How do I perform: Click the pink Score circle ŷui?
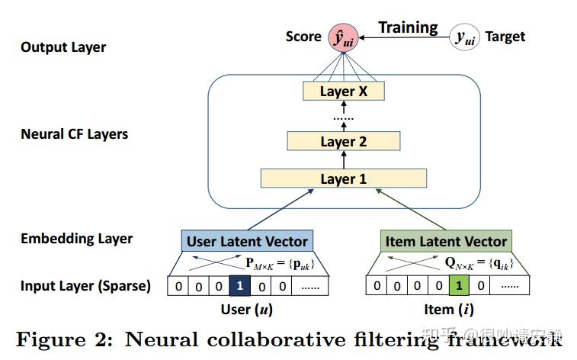344,37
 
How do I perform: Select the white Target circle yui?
464,37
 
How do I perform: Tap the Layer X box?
343,92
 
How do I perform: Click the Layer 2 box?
343,141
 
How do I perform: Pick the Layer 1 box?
343,179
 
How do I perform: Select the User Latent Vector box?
247,242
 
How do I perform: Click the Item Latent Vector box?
445,242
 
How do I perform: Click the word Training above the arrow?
409,27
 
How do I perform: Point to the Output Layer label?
63,47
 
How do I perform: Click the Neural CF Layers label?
74,134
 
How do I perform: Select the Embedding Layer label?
76,239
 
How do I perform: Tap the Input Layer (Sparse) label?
85,286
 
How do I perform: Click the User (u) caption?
246,309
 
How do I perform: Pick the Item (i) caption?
446,309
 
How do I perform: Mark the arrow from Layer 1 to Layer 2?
343,160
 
